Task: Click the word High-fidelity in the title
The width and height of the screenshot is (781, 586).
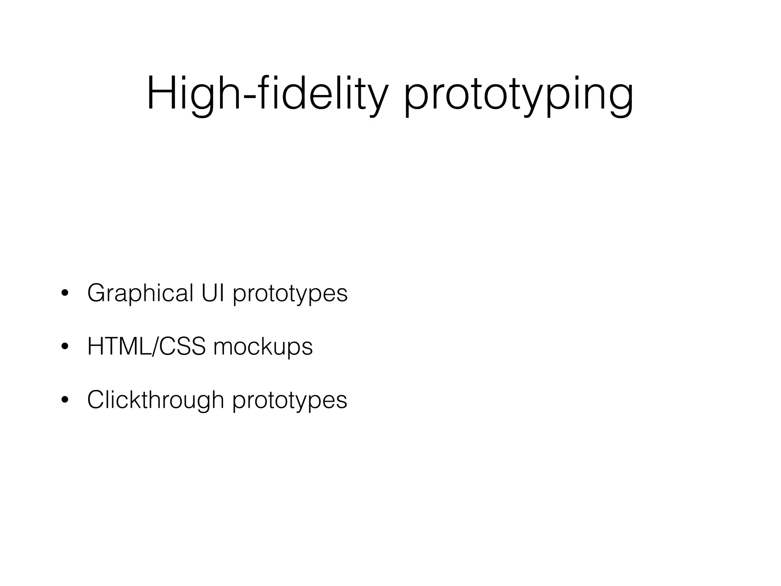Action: [x=267, y=93]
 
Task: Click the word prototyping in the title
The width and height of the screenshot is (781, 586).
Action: [x=519, y=95]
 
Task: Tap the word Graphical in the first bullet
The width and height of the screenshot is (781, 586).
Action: [x=140, y=294]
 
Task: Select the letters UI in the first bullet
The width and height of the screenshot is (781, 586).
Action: [x=213, y=293]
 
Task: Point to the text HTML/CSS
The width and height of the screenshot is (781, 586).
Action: [x=146, y=346]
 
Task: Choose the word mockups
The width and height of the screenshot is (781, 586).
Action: [x=263, y=347]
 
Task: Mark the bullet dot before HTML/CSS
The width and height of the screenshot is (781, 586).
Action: [x=65, y=347]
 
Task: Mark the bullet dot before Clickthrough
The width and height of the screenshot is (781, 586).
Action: [x=65, y=400]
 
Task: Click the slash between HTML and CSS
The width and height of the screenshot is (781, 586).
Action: [x=154, y=346]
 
